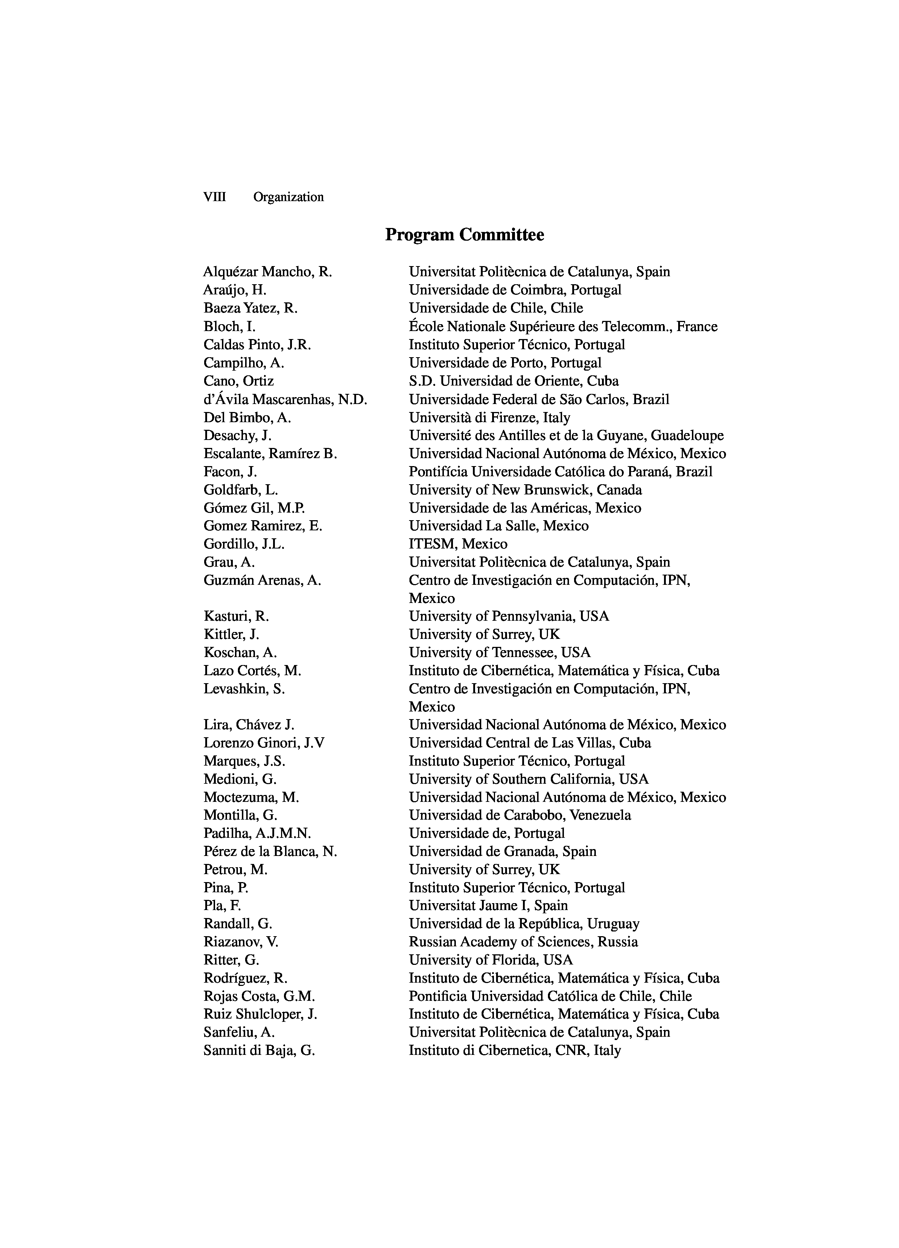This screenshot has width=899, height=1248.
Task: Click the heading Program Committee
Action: pos(464,235)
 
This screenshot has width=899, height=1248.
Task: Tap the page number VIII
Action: pos(214,197)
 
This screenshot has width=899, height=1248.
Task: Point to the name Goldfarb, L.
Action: pos(240,490)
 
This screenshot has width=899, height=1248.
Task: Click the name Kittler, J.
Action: pos(231,635)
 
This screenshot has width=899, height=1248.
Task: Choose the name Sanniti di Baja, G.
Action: pos(259,1051)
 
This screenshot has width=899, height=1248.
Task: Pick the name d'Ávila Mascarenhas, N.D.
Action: pos(285,400)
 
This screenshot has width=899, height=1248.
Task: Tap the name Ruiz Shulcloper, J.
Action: pos(260,1014)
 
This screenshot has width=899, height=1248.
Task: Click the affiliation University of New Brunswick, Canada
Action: pos(525,490)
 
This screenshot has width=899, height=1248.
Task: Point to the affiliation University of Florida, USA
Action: pos(490,960)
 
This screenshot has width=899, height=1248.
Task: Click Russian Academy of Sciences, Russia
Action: pos(523,942)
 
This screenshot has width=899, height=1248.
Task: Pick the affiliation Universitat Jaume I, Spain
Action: pos(488,906)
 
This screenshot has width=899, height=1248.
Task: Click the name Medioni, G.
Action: pos(240,779)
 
